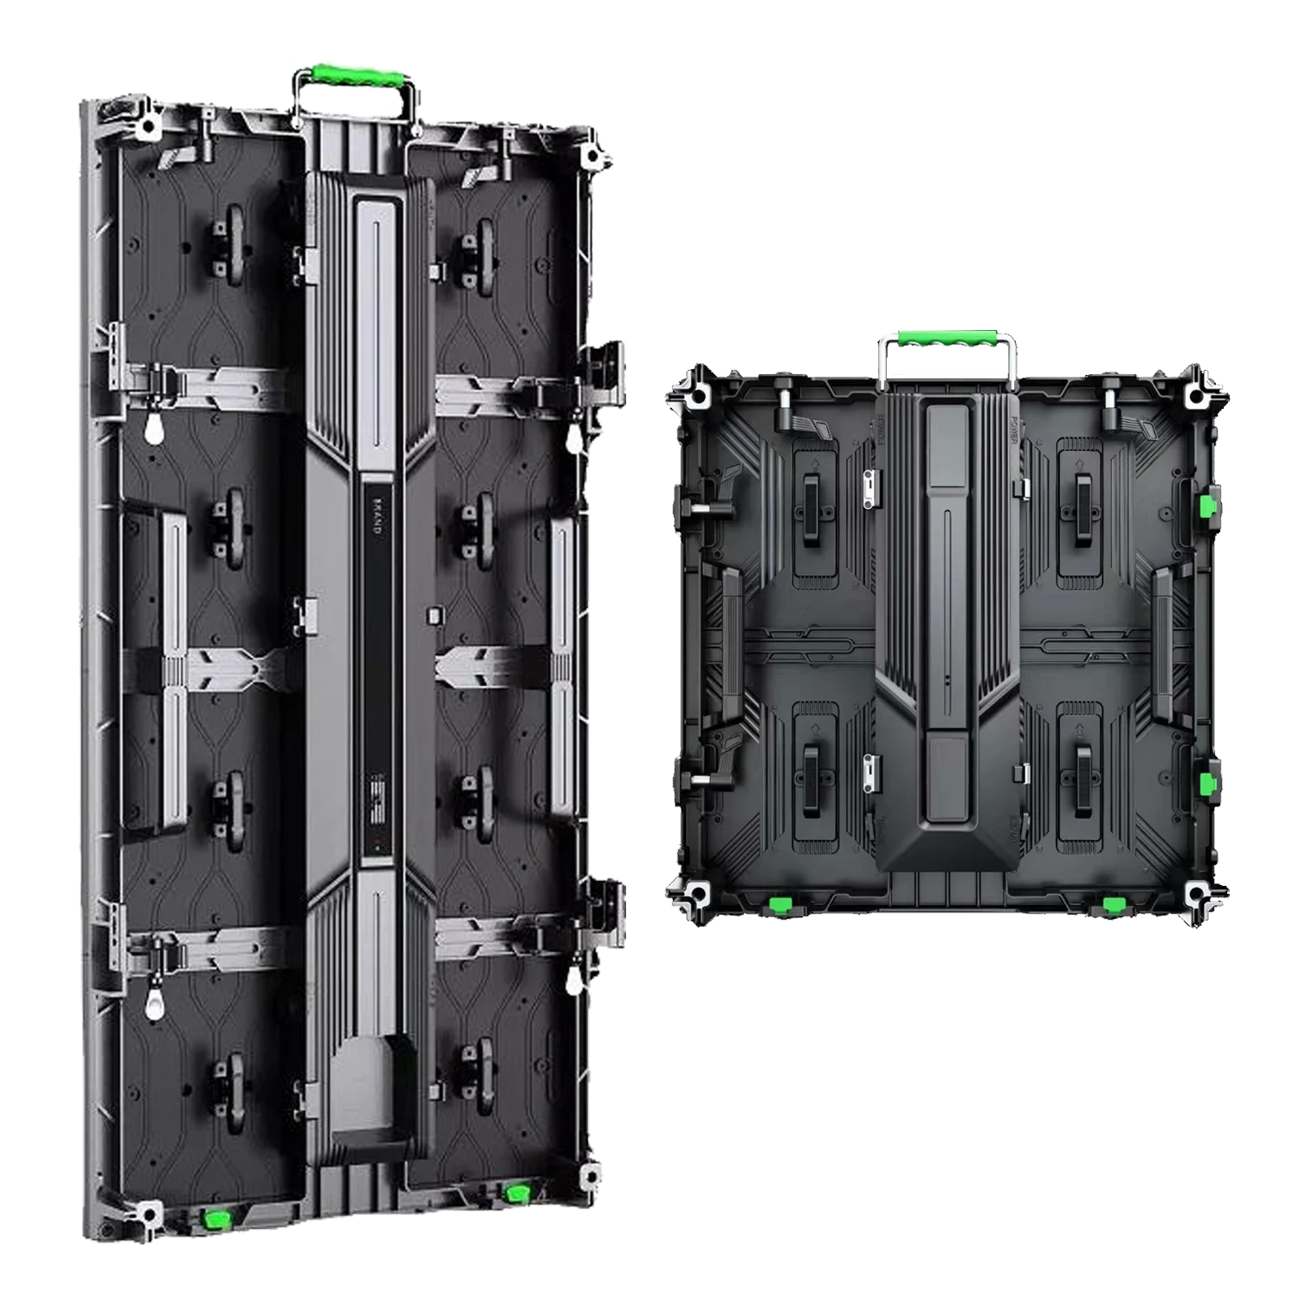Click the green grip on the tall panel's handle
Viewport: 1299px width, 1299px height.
[352, 74]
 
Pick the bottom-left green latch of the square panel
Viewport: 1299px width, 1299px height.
[782, 906]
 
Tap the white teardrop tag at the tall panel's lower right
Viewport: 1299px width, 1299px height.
[572, 981]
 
